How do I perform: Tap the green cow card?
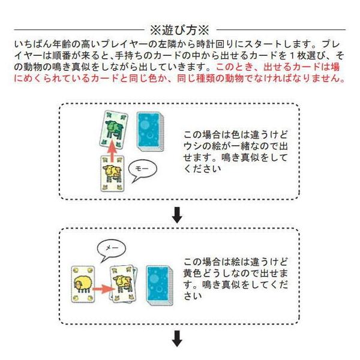click(112, 129)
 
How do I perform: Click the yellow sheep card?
click(83, 281)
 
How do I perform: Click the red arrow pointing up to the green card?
click(111, 152)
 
